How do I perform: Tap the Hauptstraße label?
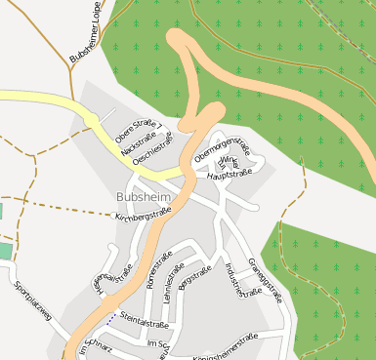230,174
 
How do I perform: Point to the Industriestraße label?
244,278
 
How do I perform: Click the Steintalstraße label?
145,322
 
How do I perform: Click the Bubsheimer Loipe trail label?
86,33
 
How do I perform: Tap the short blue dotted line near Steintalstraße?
111,316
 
